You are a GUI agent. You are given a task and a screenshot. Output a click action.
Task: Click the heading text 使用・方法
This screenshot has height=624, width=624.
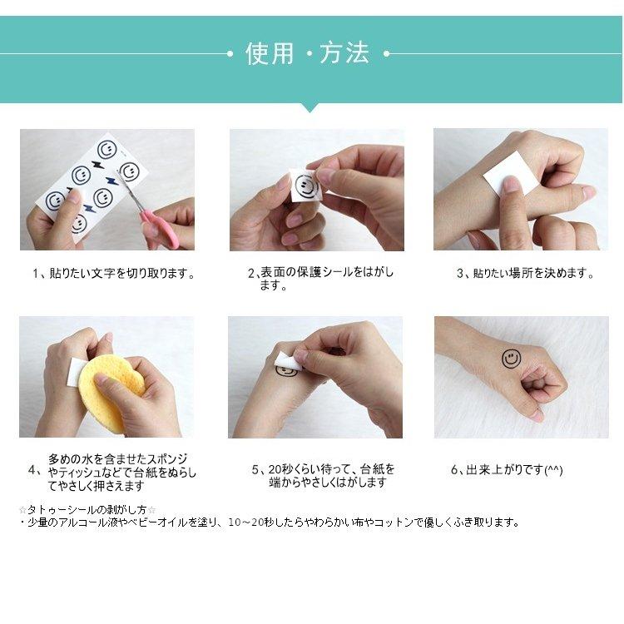point(308,53)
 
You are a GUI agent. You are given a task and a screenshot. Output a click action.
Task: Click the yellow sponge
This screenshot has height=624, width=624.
point(110,393)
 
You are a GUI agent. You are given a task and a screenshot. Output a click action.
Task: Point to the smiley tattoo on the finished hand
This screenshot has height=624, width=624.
point(511,359)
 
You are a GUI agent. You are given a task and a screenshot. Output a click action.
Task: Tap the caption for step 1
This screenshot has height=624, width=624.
point(114,274)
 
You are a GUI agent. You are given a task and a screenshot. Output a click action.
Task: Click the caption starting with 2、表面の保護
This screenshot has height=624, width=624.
point(321,279)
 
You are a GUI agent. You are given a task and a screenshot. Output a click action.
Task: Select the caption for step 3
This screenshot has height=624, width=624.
point(525,274)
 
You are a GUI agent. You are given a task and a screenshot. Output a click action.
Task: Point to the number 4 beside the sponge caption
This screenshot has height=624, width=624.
point(32,470)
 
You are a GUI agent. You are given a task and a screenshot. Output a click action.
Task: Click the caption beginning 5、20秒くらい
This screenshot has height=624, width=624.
point(323,476)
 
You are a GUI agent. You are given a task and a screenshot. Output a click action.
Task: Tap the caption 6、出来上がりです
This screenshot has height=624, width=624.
point(507,470)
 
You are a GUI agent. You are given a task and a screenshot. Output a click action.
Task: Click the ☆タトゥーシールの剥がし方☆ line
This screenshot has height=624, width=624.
point(87,509)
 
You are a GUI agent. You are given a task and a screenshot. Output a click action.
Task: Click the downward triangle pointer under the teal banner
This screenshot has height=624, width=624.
point(310,107)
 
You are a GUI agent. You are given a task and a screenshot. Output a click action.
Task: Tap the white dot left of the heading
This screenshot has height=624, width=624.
point(230,54)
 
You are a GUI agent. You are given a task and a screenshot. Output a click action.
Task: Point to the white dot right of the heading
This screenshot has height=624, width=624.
point(386,54)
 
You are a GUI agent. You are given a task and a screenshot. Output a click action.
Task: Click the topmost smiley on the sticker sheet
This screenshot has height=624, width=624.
point(106,150)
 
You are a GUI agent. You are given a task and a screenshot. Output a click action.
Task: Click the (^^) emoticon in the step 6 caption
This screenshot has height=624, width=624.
point(553,470)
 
